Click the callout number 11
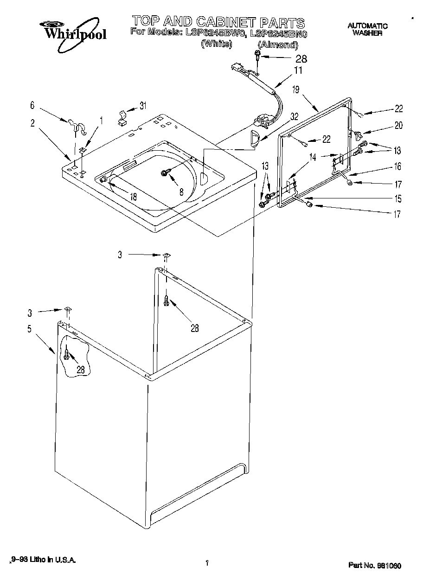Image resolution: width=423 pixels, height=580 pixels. pyautogui.click(x=298, y=71)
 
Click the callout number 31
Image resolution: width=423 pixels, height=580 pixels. pyautogui.click(x=143, y=106)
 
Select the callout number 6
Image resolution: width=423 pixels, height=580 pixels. pyautogui.click(x=32, y=106)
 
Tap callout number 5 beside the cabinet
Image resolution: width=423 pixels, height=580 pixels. pyautogui.click(x=29, y=329)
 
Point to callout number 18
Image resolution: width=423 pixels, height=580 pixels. pyautogui.click(x=133, y=196)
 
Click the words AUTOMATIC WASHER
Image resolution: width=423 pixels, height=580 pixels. pyautogui.click(x=367, y=30)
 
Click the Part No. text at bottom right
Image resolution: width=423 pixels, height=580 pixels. pyautogui.click(x=374, y=566)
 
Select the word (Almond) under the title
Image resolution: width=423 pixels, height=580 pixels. pyautogui.click(x=277, y=45)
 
